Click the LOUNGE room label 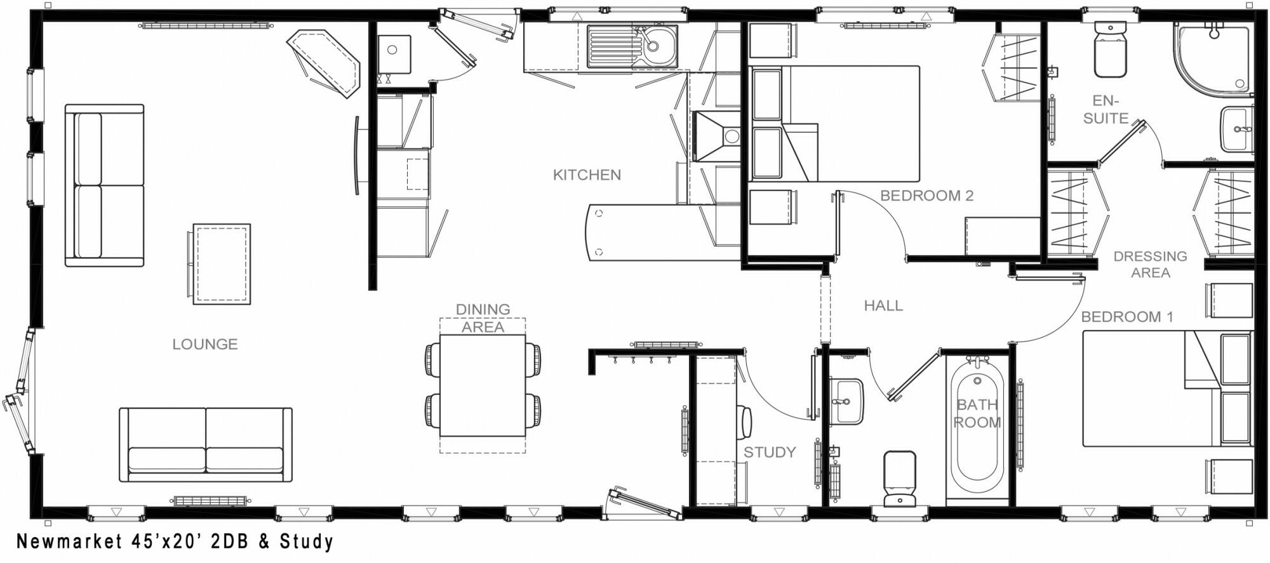204,344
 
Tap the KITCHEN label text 587,175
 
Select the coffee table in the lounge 220,264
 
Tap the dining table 483,385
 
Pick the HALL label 883,306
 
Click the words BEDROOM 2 926,196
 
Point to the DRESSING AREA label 1150,264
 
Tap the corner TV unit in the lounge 324,63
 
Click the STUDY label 770,453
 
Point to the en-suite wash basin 1236,130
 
